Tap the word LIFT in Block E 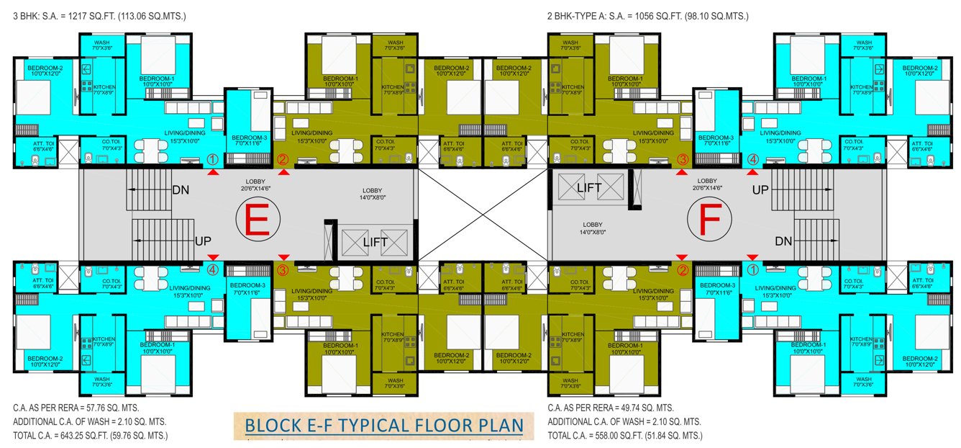coord(375,242)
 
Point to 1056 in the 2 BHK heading coord(643,14)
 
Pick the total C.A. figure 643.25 coord(70,436)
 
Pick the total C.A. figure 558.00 coord(605,436)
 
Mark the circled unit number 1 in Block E coord(212,159)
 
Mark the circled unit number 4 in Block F coord(753,159)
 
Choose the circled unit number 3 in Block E coord(283,270)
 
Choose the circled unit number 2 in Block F coord(683,270)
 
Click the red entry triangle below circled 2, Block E coord(284,173)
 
